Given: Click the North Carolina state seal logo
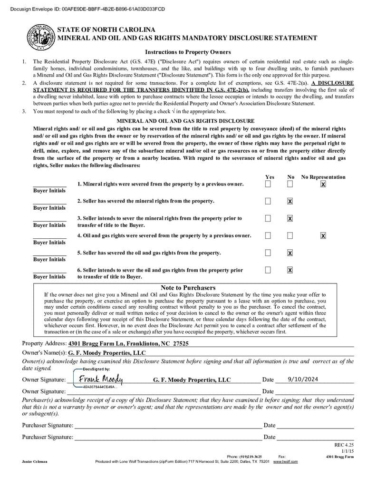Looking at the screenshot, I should (x=40, y=36).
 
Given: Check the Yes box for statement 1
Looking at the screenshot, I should (x=268, y=184).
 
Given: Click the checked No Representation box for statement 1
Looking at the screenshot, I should (x=323, y=184).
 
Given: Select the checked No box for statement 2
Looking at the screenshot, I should (x=290, y=201).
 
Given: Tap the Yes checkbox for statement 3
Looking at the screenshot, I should (x=268, y=218).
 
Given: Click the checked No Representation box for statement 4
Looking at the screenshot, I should (x=323, y=235).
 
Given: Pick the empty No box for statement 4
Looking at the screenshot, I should (x=290, y=235).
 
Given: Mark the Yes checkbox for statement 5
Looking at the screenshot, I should (x=268, y=253).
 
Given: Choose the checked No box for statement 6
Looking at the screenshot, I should (x=290, y=270).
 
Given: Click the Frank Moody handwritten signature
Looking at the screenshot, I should (x=100, y=379).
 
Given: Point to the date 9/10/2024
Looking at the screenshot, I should (x=303, y=379).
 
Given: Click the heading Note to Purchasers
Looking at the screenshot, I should (x=188, y=288).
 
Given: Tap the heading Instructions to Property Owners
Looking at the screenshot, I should (x=188, y=52).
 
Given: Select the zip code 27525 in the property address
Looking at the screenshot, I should (x=181, y=343).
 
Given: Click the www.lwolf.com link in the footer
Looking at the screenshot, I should (x=285, y=461).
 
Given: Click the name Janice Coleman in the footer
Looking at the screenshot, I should (x=35, y=461).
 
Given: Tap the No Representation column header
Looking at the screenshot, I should (x=323, y=177).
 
